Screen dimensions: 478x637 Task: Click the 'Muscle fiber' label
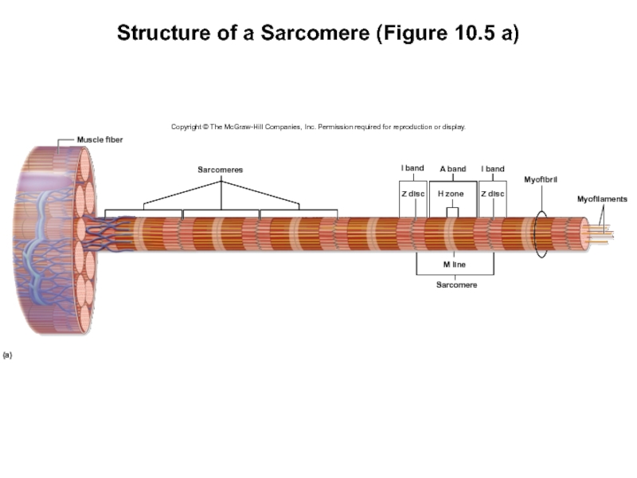[x=100, y=139]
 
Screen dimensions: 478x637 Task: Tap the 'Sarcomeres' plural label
[x=220, y=170]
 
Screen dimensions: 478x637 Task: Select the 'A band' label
[x=452, y=169]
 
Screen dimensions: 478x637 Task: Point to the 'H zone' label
[x=451, y=194]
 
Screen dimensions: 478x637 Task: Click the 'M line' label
[x=455, y=264]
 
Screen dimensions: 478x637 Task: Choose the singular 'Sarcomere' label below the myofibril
[x=456, y=284]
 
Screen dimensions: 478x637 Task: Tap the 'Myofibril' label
[x=541, y=179]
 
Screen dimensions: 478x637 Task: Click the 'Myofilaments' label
[x=602, y=198]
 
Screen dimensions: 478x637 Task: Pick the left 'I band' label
[x=412, y=169]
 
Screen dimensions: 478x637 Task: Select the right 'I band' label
[x=493, y=169]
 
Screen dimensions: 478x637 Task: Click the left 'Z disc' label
[x=412, y=194]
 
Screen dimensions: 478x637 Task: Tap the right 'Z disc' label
[x=493, y=194]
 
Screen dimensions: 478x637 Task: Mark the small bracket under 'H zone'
[x=452, y=212]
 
